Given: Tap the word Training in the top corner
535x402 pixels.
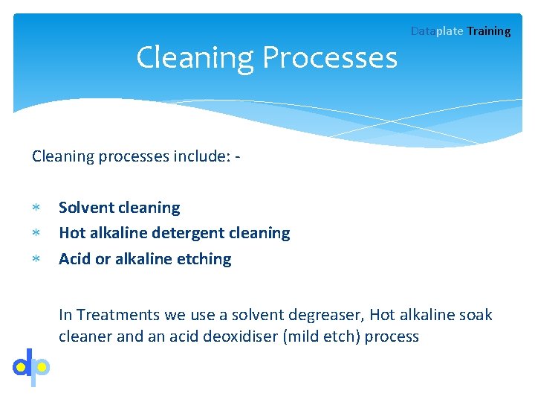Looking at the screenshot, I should pyautogui.click(x=489, y=31).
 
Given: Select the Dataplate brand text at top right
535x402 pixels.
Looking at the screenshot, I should pyautogui.click(x=437, y=31).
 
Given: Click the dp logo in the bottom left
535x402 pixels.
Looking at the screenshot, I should pyautogui.click(x=31, y=366).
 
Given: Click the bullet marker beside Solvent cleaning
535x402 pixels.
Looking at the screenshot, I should pyautogui.click(x=35, y=208).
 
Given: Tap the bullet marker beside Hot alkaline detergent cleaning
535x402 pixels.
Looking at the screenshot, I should pyautogui.click(x=35, y=234).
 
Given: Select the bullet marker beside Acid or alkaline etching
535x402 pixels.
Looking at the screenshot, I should pyautogui.click(x=35, y=259).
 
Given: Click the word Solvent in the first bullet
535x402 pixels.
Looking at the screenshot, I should pyautogui.click(x=86, y=208).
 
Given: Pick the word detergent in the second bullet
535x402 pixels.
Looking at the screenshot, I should pyautogui.click(x=188, y=233).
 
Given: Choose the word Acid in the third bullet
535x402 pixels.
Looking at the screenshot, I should pyautogui.click(x=75, y=259).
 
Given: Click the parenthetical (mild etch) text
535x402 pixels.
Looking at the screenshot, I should pyautogui.click(x=320, y=336).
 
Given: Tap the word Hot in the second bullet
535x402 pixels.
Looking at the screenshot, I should pyautogui.click(x=72, y=233).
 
